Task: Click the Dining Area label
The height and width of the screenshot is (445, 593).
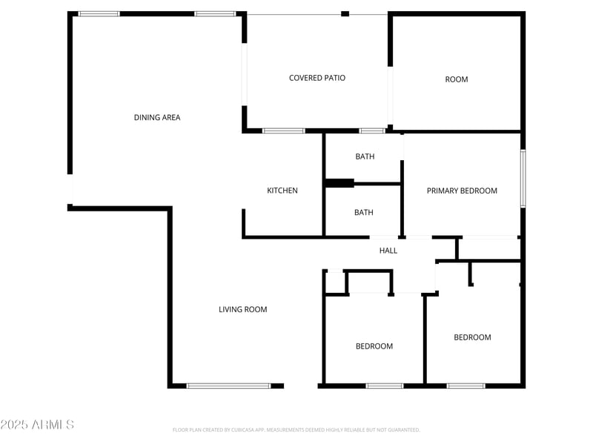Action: pyautogui.click(x=156, y=117)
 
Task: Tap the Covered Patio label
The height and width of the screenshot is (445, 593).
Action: pyautogui.click(x=317, y=78)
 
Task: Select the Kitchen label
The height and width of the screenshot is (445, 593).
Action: pyautogui.click(x=282, y=191)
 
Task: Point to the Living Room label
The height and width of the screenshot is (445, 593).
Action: pyautogui.click(x=242, y=309)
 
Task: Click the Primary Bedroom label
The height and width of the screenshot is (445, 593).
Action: pyautogui.click(x=461, y=191)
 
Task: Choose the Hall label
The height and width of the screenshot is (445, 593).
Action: pyautogui.click(x=388, y=251)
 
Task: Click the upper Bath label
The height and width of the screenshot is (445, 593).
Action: pyautogui.click(x=364, y=156)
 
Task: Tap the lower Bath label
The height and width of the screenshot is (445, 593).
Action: pyautogui.click(x=363, y=212)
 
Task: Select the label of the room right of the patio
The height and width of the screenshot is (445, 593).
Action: pyautogui.click(x=456, y=79)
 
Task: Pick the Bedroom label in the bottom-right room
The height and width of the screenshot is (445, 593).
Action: pyautogui.click(x=472, y=337)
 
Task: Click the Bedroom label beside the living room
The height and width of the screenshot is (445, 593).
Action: pyautogui.click(x=374, y=346)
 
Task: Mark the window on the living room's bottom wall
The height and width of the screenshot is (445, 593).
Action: pyautogui.click(x=228, y=386)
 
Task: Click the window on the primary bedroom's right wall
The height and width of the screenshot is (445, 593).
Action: pyautogui.click(x=523, y=179)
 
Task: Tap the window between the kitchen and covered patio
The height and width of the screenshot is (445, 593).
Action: pyautogui.click(x=283, y=131)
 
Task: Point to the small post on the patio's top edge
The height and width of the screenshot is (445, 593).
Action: pyautogui.click(x=345, y=13)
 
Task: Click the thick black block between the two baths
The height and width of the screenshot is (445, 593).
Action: pyautogui.click(x=340, y=183)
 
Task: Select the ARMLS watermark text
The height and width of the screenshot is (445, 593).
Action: pyautogui.click(x=37, y=425)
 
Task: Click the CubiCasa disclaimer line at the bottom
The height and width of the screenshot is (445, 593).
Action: pyautogui.click(x=296, y=429)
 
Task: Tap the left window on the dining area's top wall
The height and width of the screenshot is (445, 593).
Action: pyautogui.click(x=99, y=13)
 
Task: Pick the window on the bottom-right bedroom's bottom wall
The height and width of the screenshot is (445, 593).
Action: pyautogui.click(x=466, y=386)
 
